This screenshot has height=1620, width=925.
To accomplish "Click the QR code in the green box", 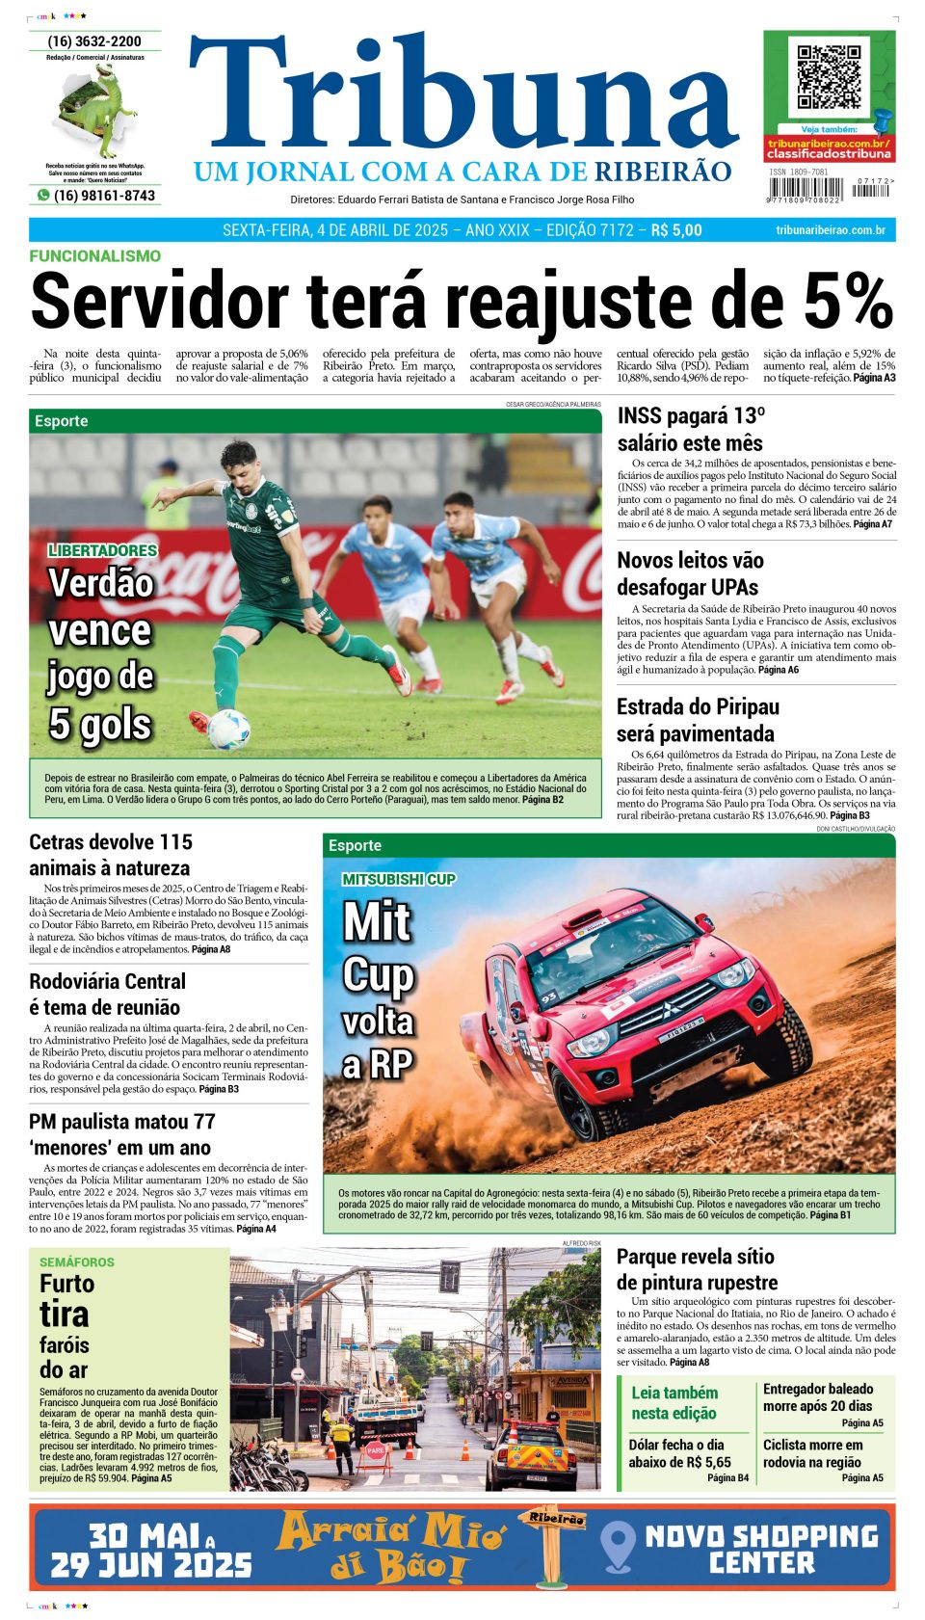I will [x=829, y=76].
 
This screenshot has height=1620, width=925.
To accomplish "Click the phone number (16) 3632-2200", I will [x=94, y=41].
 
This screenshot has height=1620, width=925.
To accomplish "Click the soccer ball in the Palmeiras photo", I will [x=228, y=729].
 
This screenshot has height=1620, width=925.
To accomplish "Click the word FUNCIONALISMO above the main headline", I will [x=94, y=256].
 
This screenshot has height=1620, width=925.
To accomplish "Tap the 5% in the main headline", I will [x=848, y=302].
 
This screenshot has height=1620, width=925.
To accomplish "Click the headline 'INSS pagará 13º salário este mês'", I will [x=690, y=430].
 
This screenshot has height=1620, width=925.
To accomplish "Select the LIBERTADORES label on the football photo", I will [x=102, y=550].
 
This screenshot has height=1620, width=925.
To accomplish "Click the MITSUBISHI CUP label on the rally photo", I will [x=399, y=879].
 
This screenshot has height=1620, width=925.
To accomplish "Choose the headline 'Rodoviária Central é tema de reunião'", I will [x=107, y=995].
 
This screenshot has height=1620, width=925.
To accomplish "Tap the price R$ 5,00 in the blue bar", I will [x=676, y=230].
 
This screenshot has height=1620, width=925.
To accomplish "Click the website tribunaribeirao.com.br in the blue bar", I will [x=830, y=230].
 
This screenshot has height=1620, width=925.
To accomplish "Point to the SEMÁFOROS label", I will [x=77, y=1261].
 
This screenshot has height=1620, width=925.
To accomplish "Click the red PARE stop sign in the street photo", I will [x=375, y=1449].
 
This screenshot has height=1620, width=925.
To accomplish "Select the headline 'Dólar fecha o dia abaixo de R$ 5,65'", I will [x=680, y=1453].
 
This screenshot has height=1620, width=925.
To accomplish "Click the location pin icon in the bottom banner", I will [x=617, y=1546].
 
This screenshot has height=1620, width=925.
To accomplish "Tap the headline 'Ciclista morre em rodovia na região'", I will [x=813, y=1453].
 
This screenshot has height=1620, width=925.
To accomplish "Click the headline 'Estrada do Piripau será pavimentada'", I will [x=698, y=720].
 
